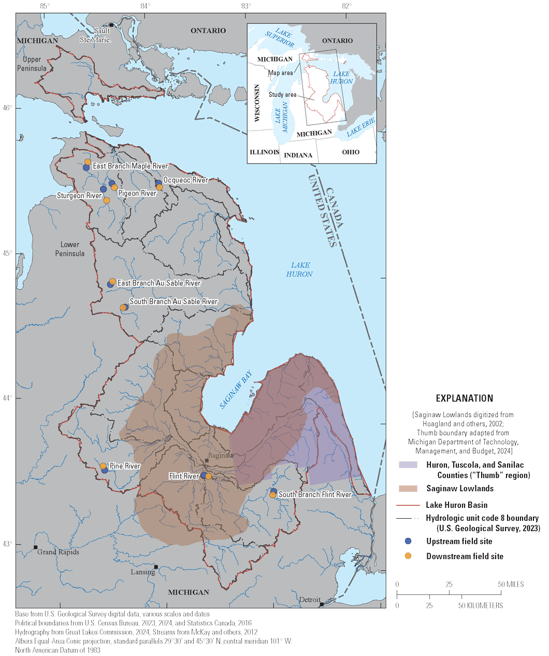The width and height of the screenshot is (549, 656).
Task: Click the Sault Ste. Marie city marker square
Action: coord(111,25)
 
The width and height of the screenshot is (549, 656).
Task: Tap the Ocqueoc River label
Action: coord(185,180)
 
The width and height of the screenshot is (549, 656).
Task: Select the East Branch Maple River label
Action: coord(130,166)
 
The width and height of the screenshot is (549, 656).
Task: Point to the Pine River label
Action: coord(125,466)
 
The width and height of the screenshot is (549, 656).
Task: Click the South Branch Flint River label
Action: coord(315,495)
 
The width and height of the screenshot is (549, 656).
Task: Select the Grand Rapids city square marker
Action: coord(36,547)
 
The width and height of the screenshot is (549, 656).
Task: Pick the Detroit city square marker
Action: coord(322,604)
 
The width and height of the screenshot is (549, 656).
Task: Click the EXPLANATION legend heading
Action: coord(464,398)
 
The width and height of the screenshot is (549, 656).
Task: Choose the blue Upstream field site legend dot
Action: coord(408,541)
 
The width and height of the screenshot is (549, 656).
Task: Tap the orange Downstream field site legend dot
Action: coord(408,556)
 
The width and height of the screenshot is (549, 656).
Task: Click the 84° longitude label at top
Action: coord(146,6)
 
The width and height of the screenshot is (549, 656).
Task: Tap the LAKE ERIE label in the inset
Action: coord(360,127)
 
